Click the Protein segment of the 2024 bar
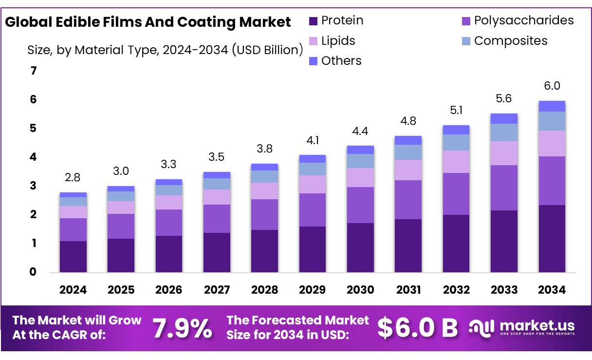coord(73,256)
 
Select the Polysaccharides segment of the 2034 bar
coord(552,180)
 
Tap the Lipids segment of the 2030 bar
coord(360,177)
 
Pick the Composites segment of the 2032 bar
coord(456,142)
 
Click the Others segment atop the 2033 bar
coord(504,118)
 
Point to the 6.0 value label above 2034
coord(552,86)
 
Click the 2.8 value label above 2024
coord(73,178)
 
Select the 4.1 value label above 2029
coord(313,140)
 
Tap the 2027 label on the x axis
coord(217,290)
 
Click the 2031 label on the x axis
coord(408,290)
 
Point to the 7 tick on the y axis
coord(33,71)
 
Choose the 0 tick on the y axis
coord(33,272)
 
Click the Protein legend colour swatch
coord(313,21)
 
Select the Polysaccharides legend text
coord(524,20)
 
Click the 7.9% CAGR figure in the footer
coord(183,328)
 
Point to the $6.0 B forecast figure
coord(418,328)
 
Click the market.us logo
coord(522,327)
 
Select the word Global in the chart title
coord(28,22)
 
